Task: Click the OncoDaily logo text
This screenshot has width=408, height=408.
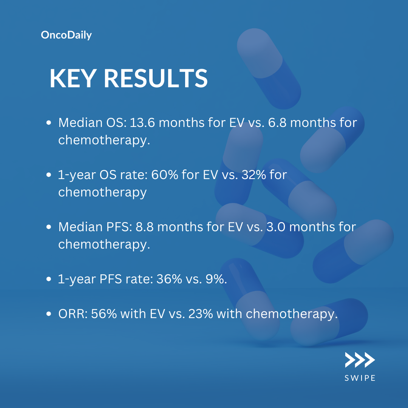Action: click(66, 35)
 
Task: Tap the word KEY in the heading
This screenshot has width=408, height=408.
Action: click(72, 78)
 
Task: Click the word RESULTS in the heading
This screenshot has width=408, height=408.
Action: click(156, 78)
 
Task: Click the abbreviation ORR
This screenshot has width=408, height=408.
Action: click(73, 314)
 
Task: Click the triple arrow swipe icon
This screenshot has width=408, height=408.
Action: click(360, 360)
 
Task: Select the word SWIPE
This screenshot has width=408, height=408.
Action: click(360, 378)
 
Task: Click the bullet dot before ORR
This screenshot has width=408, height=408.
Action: click(49, 314)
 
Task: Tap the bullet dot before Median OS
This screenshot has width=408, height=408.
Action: click(49, 122)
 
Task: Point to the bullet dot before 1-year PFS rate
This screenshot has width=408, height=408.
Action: click(49, 279)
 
